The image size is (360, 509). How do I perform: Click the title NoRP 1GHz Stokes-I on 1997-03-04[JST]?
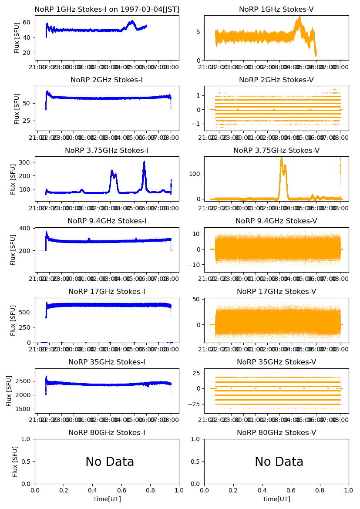click(x=107, y=9)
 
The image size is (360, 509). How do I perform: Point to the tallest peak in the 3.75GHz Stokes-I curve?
click(x=144, y=162)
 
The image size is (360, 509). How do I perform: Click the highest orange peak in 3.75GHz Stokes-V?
click(x=282, y=158)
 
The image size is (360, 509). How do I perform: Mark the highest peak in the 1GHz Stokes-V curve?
click(x=299, y=17)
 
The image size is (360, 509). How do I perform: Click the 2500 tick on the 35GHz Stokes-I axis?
click(x=25, y=381)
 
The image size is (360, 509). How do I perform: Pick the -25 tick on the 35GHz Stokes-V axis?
click(x=195, y=404)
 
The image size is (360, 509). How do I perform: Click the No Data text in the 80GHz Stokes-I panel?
click(x=110, y=462)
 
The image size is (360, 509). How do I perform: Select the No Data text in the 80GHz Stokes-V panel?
click(x=279, y=462)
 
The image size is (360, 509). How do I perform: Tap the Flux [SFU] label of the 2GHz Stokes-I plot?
click(x=17, y=108)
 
